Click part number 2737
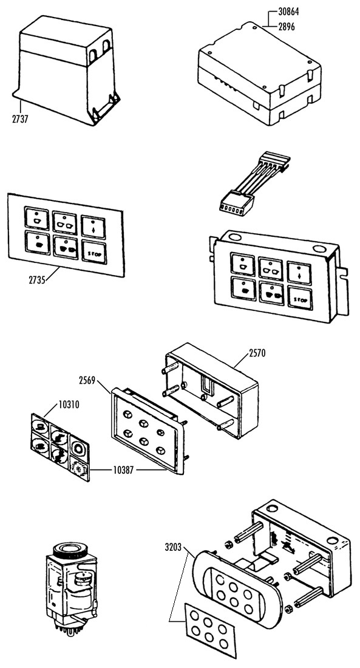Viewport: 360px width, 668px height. [20, 119]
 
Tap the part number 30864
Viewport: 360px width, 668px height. [288, 12]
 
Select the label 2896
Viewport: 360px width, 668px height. [287, 27]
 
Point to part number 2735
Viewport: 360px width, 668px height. [37, 281]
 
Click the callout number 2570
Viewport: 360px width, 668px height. [257, 353]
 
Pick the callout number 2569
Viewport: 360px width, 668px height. [87, 380]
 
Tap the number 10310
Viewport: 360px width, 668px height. [69, 404]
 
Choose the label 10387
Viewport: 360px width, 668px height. [123, 470]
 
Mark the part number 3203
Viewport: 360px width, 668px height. [173, 547]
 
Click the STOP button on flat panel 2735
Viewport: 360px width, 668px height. [94, 253]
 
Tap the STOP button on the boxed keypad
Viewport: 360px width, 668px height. [300, 299]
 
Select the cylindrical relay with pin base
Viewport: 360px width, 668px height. [70, 583]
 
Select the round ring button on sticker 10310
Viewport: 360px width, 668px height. [80, 448]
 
